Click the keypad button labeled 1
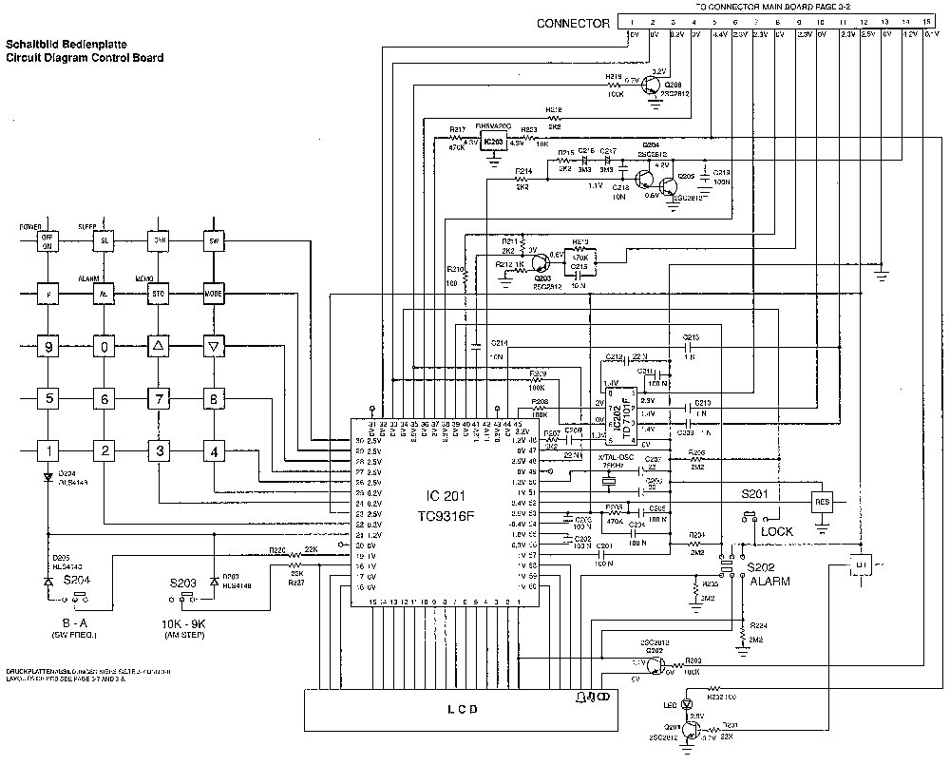coord(48,450)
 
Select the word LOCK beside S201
coord(777,532)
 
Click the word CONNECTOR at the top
coord(573,24)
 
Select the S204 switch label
coord(77,579)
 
